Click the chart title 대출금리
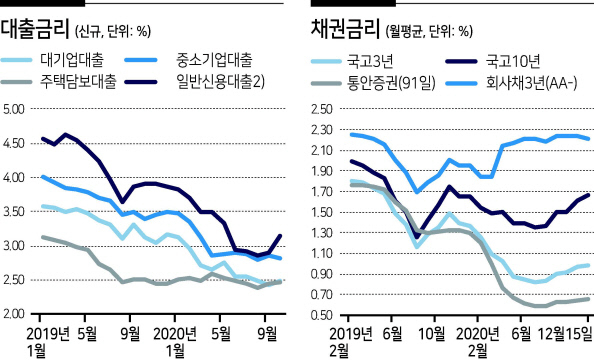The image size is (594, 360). pyautogui.click(x=35, y=29)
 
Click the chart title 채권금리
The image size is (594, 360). pyautogui.click(x=345, y=29)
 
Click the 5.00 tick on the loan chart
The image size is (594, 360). pyautogui.click(x=14, y=109)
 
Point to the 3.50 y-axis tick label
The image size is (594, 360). pyautogui.click(x=14, y=211)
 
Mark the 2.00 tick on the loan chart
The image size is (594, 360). pyautogui.click(x=14, y=314)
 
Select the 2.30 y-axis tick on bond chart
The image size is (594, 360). pyautogui.click(x=322, y=130)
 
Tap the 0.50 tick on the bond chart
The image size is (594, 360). pyautogui.click(x=322, y=315)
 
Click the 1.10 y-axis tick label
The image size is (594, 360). pyautogui.click(x=322, y=253)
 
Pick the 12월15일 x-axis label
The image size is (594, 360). pyautogui.click(x=565, y=334)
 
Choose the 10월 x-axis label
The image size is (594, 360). pyautogui.click(x=433, y=334)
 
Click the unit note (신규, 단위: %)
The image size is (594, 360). pyautogui.click(x=113, y=31)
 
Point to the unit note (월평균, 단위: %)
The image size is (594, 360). pyautogui.click(x=429, y=31)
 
